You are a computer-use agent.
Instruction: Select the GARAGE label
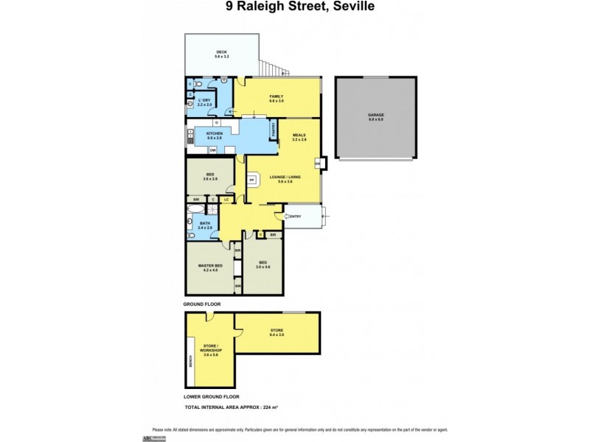pos(376,116)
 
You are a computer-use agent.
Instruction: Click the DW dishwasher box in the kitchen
pos(212,150)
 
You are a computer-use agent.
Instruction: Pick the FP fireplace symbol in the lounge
pos(251,179)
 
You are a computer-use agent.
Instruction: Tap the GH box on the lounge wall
pos(318,164)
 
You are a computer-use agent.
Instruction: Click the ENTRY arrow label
pos(294,216)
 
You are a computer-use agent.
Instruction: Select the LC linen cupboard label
pos(226,200)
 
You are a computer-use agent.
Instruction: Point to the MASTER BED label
pos(210,267)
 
